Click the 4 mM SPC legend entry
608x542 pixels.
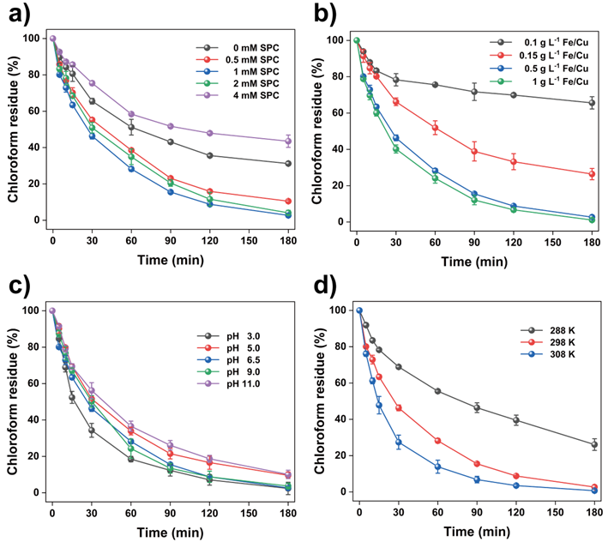pos(238,95)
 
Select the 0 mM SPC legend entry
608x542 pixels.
pos(238,48)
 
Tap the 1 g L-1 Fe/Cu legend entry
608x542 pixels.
pos(539,81)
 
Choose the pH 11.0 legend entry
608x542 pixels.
pos(228,384)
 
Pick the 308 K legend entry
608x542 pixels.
pos(548,354)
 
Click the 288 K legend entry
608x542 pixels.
pos(548,330)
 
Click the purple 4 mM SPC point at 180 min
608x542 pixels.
pos(288,142)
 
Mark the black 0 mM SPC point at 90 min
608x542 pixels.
pos(171,142)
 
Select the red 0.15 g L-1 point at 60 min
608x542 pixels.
pos(435,128)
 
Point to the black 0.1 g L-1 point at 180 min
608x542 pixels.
pos(592,103)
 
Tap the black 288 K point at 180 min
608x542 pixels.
pos(594,444)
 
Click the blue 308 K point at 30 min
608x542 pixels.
pos(399,443)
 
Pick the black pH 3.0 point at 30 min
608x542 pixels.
pos(92,430)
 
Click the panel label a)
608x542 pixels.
pos(20,15)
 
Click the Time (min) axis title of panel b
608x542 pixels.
pos(474,262)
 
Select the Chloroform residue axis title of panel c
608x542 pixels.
pos(13,401)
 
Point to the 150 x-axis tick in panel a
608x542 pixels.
pos(249,241)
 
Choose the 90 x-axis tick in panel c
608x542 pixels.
pos(171,514)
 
